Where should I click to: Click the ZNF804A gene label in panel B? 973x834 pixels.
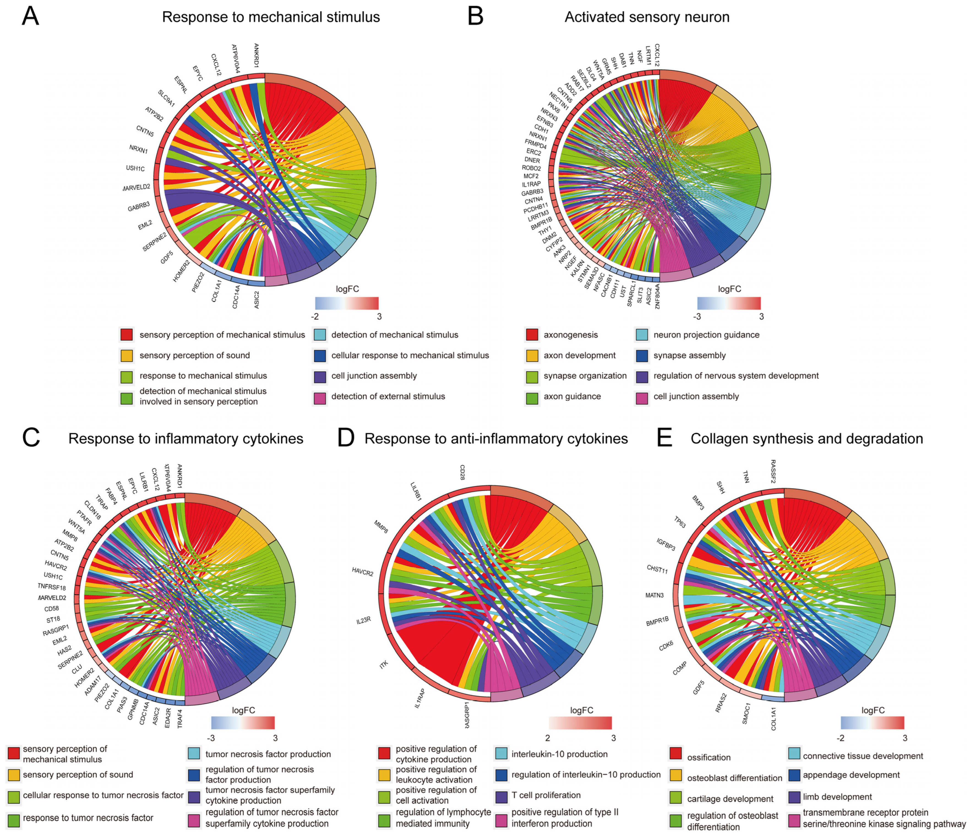point(658,296)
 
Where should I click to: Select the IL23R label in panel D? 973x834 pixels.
point(364,620)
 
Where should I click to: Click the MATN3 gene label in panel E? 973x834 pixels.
point(654,595)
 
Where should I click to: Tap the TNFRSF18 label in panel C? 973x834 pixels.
point(52,587)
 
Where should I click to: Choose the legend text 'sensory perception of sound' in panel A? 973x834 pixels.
point(194,356)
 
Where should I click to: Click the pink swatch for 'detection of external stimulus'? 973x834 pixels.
point(320,397)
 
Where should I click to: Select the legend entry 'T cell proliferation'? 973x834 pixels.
point(546,795)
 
